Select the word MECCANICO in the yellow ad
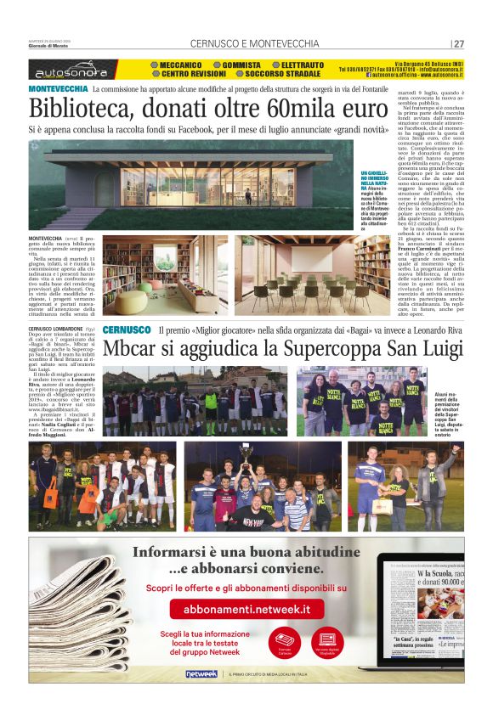tap(178, 65)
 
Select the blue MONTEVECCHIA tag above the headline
tap(57, 89)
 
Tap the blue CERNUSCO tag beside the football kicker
tap(127, 329)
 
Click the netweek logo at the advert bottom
tap(201, 673)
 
